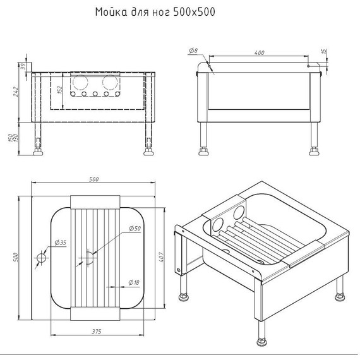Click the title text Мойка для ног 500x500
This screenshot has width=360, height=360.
155,12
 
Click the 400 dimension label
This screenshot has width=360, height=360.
259,52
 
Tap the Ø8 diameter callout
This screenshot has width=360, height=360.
193,51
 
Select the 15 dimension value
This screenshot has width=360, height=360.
324,51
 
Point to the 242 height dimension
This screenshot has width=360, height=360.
16,91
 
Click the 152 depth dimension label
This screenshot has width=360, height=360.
59,90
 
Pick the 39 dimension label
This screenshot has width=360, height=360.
23,66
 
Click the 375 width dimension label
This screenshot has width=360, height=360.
97,332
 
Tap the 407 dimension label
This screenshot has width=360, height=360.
161,257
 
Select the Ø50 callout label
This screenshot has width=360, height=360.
135,228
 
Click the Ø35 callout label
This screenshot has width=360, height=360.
61,243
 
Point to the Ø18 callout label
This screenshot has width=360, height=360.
134,282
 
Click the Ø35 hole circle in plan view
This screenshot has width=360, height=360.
42,258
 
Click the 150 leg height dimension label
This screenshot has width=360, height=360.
11,138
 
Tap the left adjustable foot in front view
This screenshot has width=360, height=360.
38,152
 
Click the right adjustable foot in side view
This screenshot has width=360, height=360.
314,152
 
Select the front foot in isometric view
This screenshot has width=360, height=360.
261,341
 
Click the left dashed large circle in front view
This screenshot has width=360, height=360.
80,82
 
